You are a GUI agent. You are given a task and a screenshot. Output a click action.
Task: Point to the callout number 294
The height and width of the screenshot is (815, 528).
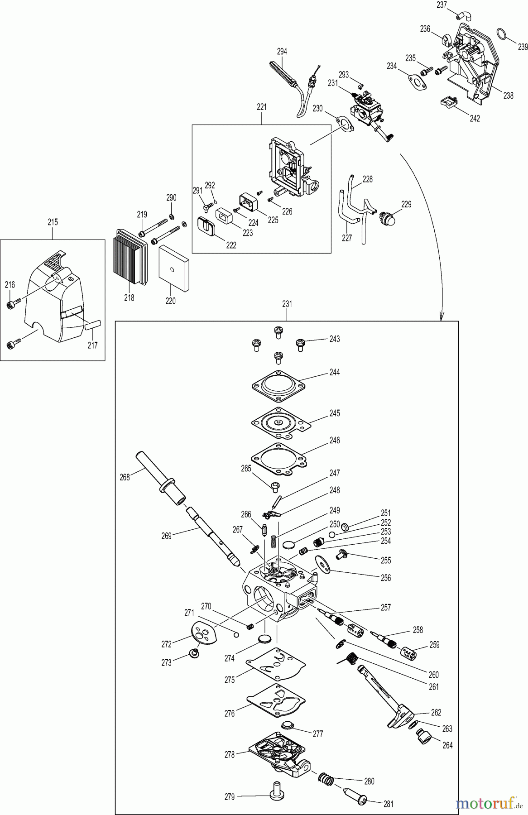click(282, 52)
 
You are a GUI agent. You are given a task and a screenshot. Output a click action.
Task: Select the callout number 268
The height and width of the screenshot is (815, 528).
click(125, 477)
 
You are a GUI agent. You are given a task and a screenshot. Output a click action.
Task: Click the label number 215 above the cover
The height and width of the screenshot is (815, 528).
click(53, 222)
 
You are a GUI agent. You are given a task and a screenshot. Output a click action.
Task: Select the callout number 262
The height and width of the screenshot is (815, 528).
click(436, 712)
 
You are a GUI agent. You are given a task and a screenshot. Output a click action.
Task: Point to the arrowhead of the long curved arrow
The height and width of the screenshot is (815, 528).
click(441, 318)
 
